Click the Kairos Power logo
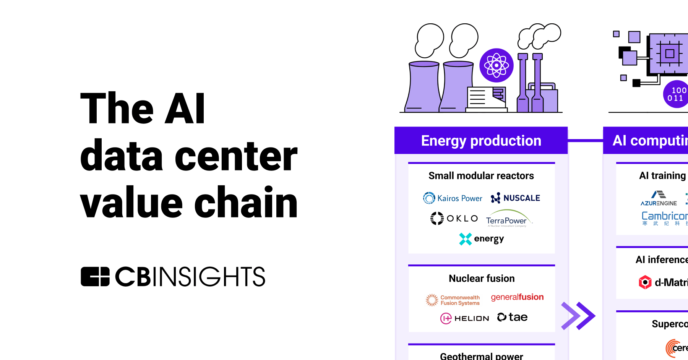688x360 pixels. coord(453,198)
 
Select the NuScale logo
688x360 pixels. coord(515,198)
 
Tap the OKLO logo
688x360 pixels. coord(454,218)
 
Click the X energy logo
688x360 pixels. coord(481,239)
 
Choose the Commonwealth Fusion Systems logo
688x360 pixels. coord(453,300)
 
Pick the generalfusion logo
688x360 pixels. coord(517,297)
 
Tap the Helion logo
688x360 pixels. coord(464,318)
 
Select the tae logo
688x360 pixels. coord(512,317)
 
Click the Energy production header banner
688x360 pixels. coord(481,141)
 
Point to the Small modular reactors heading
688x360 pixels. coord(481,176)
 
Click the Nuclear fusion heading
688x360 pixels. coord(482,278)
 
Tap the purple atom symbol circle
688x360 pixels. coord(497,65)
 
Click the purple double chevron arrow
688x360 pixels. coord(578,316)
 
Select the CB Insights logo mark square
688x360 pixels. coord(95,277)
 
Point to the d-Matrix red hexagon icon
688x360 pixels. coord(645,282)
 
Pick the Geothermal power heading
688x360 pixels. coord(481,356)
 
